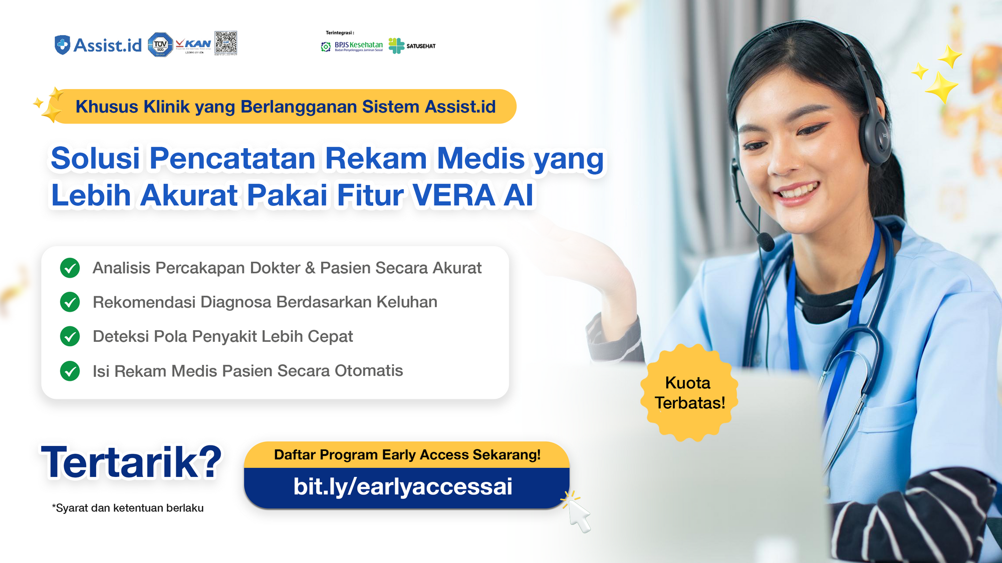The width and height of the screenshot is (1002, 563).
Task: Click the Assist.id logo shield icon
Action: click(x=62, y=45)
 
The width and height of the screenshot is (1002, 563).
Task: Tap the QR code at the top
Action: click(x=226, y=43)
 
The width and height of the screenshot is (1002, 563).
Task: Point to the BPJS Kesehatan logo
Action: click(x=352, y=46)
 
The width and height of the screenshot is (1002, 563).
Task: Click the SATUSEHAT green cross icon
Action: click(x=396, y=46)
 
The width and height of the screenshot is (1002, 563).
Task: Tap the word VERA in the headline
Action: click(x=454, y=195)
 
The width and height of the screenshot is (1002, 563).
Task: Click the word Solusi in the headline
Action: click(x=95, y=159)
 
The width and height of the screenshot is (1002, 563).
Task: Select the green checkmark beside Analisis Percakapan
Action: click(x=70, y=268)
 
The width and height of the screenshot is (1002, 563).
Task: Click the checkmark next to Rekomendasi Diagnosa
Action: click(x=70, y=302)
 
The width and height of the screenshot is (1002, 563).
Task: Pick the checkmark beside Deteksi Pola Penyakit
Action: click(x=70, y=336)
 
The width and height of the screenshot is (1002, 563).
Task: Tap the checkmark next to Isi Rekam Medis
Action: click(x=70, y=371)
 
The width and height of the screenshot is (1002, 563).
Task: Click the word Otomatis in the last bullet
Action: click(x=369, y=371)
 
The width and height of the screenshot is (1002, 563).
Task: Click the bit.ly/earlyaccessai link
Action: click(x=403, y=486)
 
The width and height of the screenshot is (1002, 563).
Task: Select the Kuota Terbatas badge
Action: click(x=689, y=393)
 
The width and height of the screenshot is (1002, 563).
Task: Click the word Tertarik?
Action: click(x=131, y=462)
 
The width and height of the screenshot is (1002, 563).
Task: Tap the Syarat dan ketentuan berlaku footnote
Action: click(x=128, y=508)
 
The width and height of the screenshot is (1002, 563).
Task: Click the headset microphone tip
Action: click(x=766, y=242)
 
